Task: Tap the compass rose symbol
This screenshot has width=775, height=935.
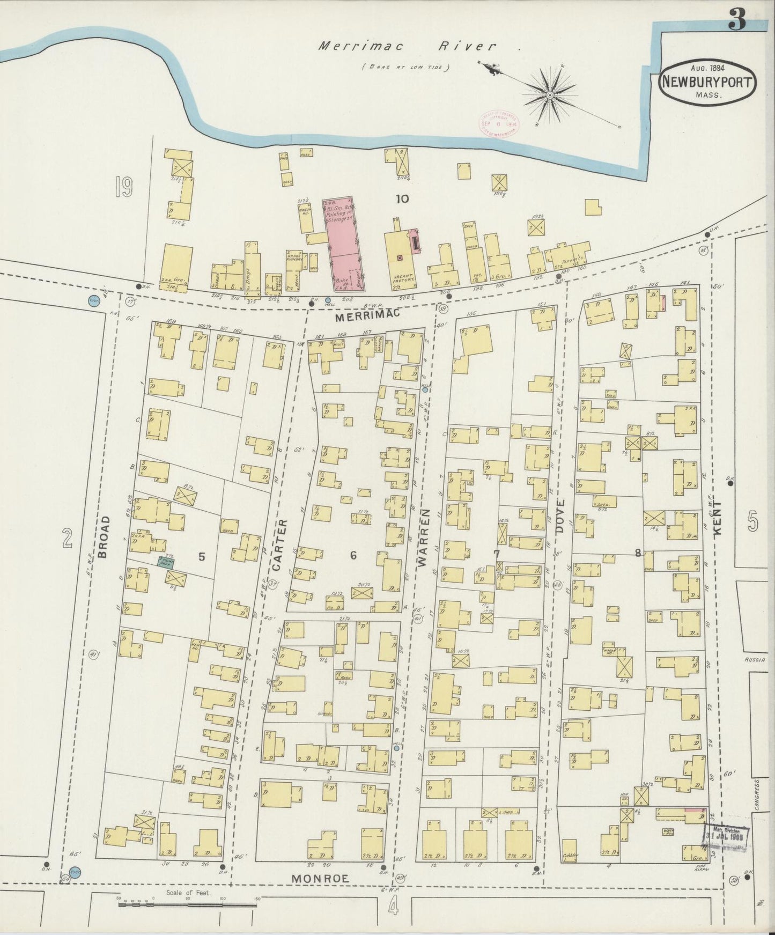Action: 550,95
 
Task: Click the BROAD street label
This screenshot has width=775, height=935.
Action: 104,537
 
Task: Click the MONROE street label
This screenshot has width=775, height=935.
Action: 320,878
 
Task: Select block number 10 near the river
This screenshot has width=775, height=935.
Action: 402,199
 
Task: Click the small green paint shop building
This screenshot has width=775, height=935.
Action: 164,561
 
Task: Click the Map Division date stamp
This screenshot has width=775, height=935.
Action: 725,835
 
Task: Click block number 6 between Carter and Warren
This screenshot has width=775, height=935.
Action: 353,556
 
